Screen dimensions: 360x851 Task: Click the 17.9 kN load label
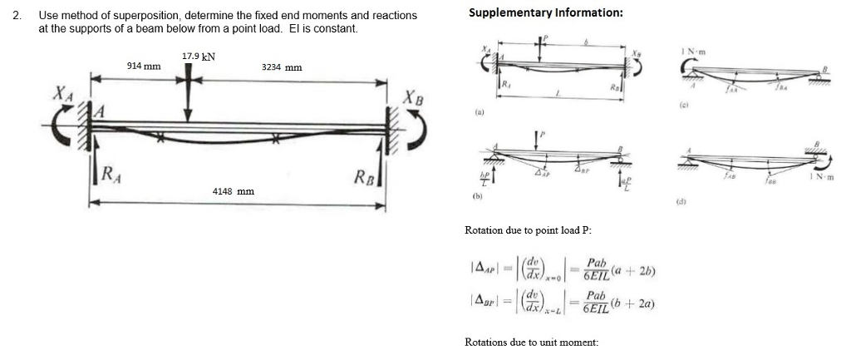pyautogui.click(x=198, y=57)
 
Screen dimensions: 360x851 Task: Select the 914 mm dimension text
pyautogui.click(x=143, y=65)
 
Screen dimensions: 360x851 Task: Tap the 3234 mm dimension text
pyautogui.click(x=282, y=67)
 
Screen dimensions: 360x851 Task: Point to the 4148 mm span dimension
pyautogui.click(x=234, y=191)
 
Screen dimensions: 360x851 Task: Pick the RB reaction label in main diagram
pyautogui.click(x=365, y=175)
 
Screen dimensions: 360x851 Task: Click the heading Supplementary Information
pyautogui.click(x=545, y=12)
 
